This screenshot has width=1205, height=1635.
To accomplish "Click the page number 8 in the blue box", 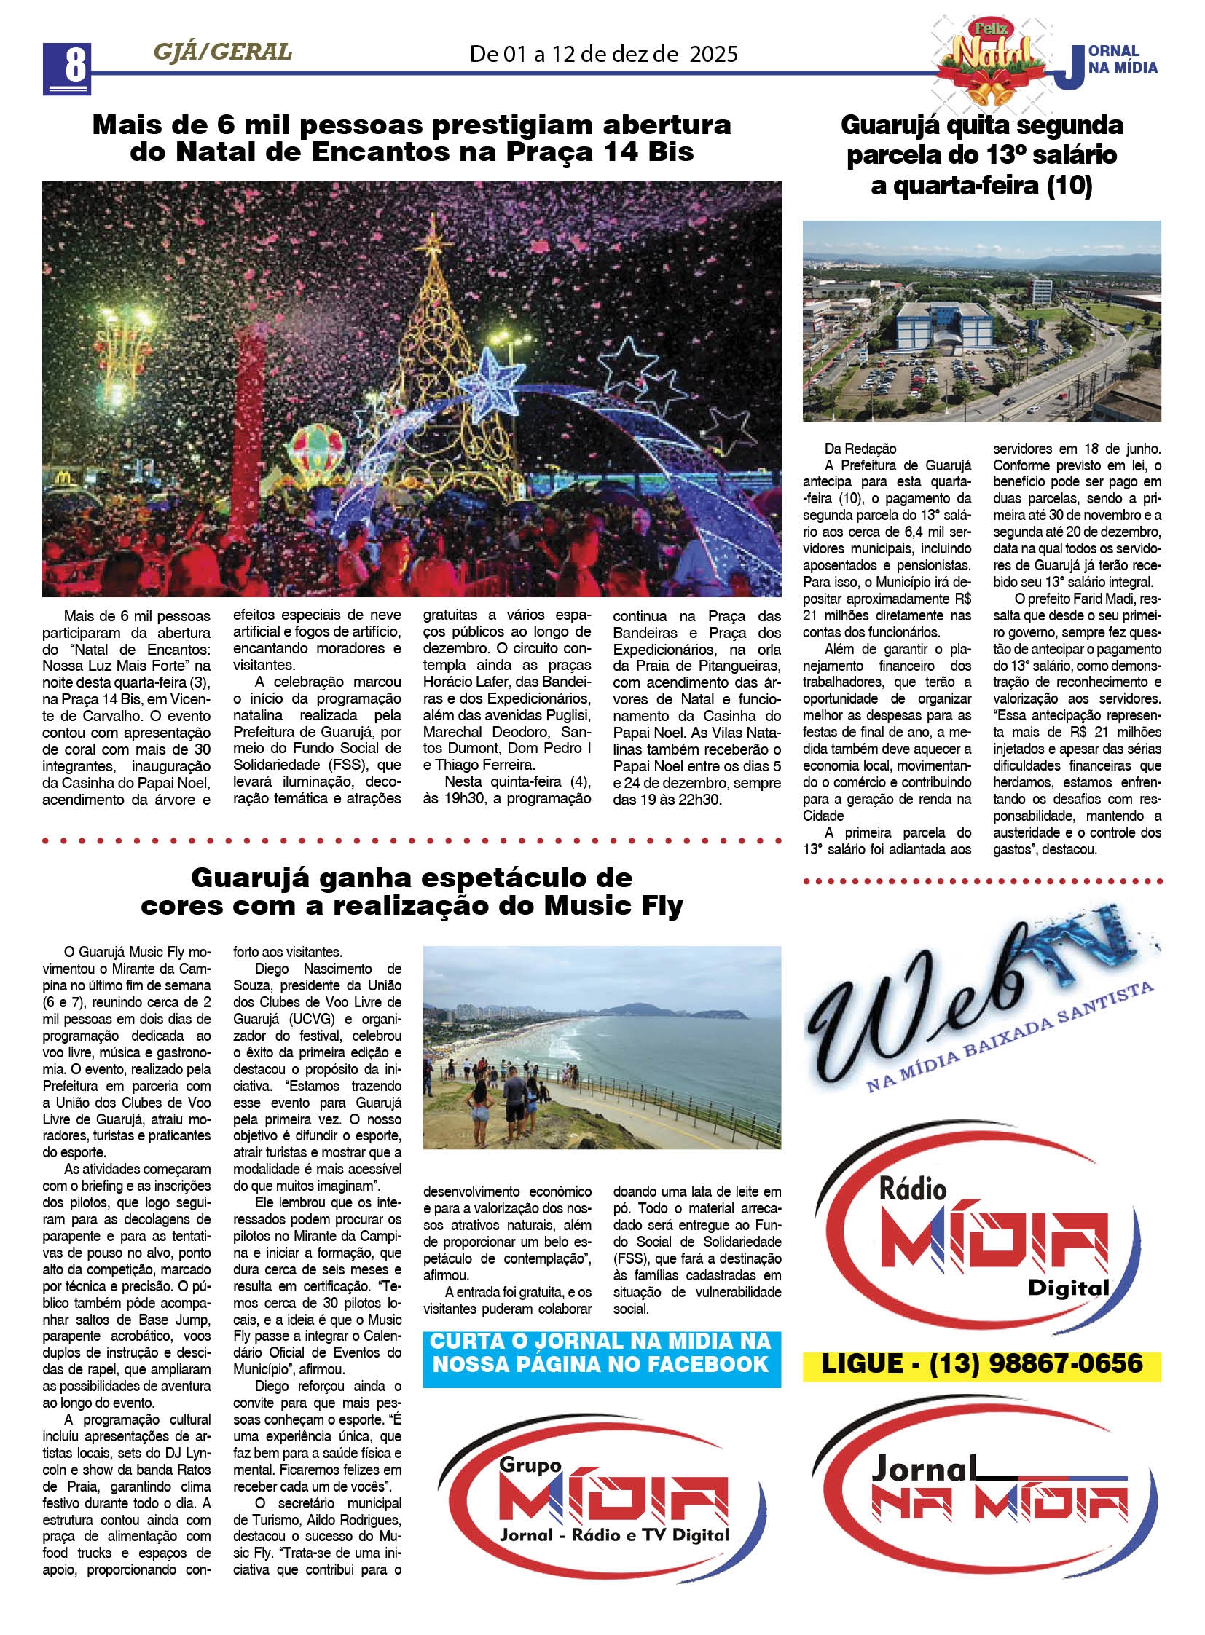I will coord(67,67).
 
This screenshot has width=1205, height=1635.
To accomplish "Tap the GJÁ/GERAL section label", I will coord(222,52).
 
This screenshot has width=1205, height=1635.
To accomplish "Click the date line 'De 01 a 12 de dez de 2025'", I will coord(603,54).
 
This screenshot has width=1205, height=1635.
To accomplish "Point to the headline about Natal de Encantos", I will coord(412,138).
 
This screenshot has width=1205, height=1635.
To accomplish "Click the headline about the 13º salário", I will coord(982,155).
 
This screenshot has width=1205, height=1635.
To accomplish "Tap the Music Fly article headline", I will coord(412,891).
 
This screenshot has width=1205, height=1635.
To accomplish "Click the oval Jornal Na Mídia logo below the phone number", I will coord(982,1495).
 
